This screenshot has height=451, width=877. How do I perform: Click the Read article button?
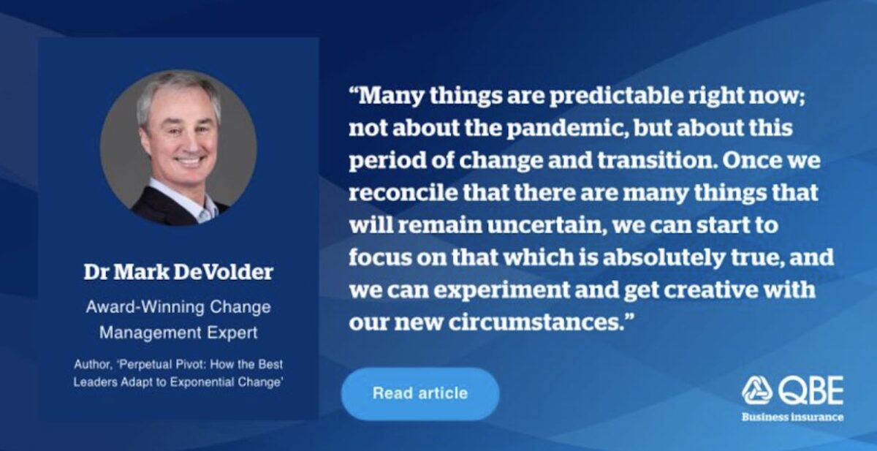pyautogui.click(x=420, y=393)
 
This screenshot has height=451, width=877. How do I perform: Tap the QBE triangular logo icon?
pyautogui.click(x=757, y=390)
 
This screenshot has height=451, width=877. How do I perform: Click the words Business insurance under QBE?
pyautogui.click(x=792, y=417)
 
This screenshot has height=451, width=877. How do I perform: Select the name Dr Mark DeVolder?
pyautogui.click(x=178, y=272)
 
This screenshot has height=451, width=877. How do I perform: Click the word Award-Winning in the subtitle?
pyautogui.click(x=145, y=307)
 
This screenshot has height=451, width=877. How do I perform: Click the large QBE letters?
pyautogui.click(x=810, y=391)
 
